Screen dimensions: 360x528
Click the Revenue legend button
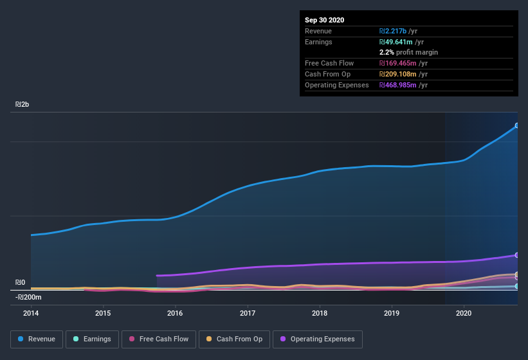(37, 339)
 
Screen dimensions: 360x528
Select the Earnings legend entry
(91, 339)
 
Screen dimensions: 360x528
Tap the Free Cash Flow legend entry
(159, 339)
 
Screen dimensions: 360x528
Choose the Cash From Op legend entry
(234, 339)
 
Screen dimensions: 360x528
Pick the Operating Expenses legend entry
(317, 339)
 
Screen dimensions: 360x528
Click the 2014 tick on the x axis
(31, 313)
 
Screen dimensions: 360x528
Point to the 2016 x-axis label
(175, 313)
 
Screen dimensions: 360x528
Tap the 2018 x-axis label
(320, 313)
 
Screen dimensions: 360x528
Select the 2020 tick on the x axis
(464, 313)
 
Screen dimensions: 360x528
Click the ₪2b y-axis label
(23, 104)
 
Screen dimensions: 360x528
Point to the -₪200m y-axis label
(28, 297)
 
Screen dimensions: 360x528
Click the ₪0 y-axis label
(21, 282)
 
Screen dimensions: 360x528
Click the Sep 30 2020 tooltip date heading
(324, 20)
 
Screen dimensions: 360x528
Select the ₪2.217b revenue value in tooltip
(398, 31)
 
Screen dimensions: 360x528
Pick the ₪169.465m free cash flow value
(403, 63)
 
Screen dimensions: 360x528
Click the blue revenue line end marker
(517, 125)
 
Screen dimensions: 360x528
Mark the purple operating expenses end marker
(517, 255)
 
